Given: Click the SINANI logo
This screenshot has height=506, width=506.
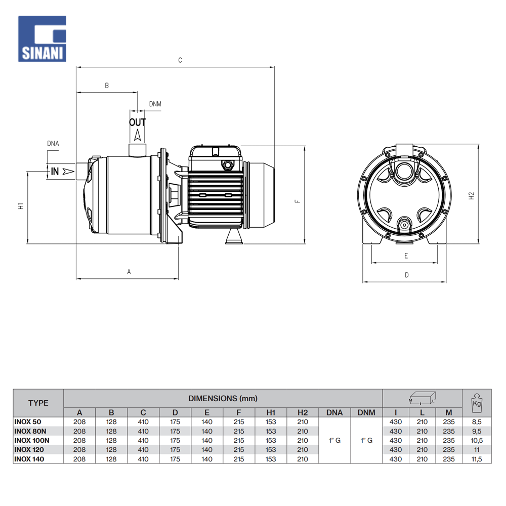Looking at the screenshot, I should (x=43, y=38).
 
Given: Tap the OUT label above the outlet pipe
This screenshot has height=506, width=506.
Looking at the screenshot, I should (x=137, y=122).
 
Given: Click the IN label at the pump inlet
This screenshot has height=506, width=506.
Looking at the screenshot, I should (x=55, y=172).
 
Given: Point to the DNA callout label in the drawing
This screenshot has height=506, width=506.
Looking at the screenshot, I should (x=53, y=144).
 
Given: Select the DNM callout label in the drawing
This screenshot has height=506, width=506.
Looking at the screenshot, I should (x=155, y=104).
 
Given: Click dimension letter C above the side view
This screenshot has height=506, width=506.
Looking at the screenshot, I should (x=180, y=60).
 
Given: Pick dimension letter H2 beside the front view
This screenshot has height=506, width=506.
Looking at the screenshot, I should (x=472, y=195).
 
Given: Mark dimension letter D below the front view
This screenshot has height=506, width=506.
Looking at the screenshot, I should (x=407, y=275).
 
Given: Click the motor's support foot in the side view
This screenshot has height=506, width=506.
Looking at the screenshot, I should (x=234, y=237).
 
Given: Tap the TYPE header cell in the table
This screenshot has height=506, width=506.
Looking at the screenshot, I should (x=38, y=403).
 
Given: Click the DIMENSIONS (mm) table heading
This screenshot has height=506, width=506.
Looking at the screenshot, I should (x=223, y=398).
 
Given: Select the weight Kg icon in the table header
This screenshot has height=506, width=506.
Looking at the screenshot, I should (x=476, y=401).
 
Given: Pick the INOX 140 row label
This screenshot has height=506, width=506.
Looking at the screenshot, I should (x=29, y=459).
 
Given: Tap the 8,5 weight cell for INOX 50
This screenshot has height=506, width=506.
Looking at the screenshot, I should (x=476, y=422).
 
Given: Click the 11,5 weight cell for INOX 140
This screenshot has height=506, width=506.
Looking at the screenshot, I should (x=476, y=459).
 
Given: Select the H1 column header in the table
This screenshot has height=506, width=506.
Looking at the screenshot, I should (x=271, y=412).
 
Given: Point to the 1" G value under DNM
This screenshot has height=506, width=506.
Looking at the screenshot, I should (x=366, y=440).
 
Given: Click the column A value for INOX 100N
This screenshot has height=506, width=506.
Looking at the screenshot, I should (x=79, y=440).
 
